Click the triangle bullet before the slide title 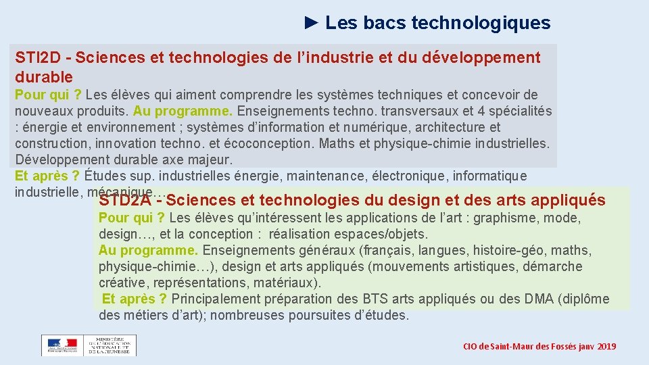click(311, 22)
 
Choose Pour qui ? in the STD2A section click(132, 218)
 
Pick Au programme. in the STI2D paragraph click(172, 111)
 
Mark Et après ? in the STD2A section click(135, 299)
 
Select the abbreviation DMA click(539, 299)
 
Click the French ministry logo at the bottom click(89, 345)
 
